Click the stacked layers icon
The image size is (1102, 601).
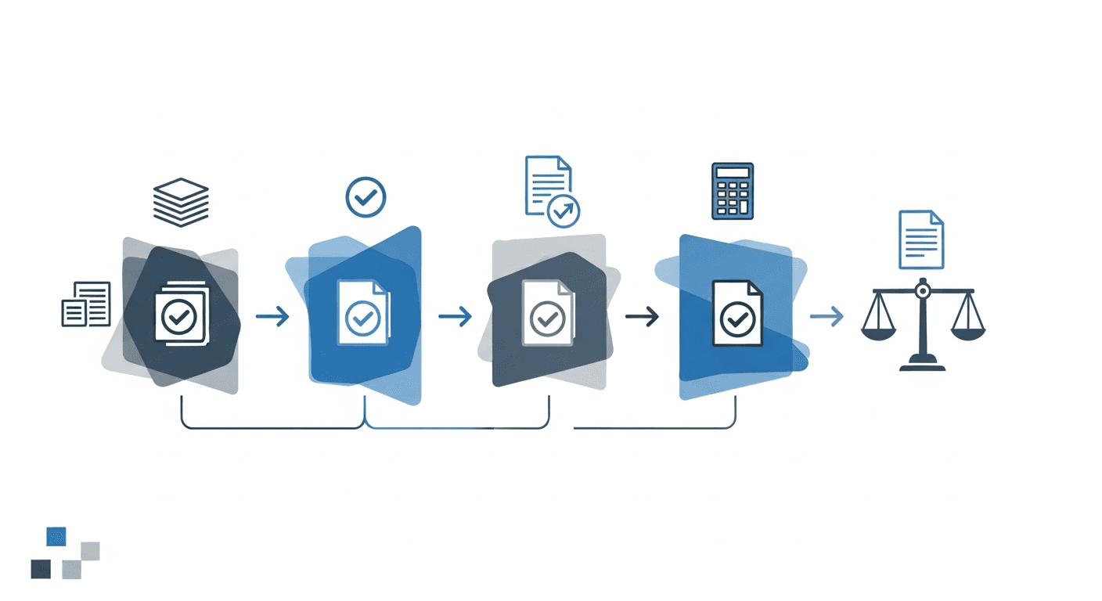point(181,202)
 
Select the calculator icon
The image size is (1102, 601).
point(733,191)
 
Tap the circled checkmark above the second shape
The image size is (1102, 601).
point(365,196)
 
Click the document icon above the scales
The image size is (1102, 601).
point(921,239)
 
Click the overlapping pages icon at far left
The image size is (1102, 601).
point(86,304)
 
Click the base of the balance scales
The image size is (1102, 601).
point(922,364)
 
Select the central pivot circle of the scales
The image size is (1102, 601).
point(922,291)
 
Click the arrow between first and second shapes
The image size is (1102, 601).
point(272,316)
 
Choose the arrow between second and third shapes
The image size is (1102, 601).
point(455,316)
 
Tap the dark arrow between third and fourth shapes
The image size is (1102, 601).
point(642,316)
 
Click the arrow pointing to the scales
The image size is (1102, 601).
point(826,316)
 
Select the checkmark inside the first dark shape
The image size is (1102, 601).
point(178,317)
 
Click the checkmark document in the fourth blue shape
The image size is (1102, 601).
point(736,314)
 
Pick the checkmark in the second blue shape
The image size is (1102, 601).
point(363,317)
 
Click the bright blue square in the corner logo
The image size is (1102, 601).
point(56,536)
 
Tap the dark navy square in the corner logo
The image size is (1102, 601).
point(41,569)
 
